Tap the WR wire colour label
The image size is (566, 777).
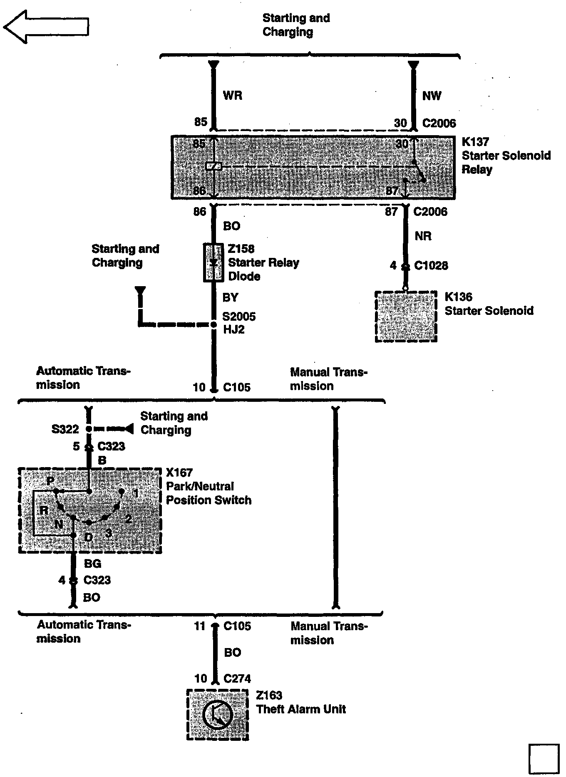[232, 95]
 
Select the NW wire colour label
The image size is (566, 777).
[432, 96]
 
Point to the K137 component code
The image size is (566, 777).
[475, 142]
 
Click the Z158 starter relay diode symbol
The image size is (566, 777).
[213, 263]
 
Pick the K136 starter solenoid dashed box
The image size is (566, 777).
[406, 317]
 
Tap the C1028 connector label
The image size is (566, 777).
[431, 266]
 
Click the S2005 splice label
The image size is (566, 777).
[239, 317]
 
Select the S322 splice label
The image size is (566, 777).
[65, 429]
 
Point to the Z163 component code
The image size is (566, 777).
[269, 695]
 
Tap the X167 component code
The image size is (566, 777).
[179, 473]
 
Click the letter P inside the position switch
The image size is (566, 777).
[50, 481]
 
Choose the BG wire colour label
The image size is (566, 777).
[92, 564]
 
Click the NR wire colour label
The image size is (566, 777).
[423, 236]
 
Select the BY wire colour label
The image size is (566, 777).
[231, 297]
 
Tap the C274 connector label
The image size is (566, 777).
[237, 679]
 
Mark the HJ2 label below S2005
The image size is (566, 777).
[234, 329]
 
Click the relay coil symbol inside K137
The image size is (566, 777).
[213, 166]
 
